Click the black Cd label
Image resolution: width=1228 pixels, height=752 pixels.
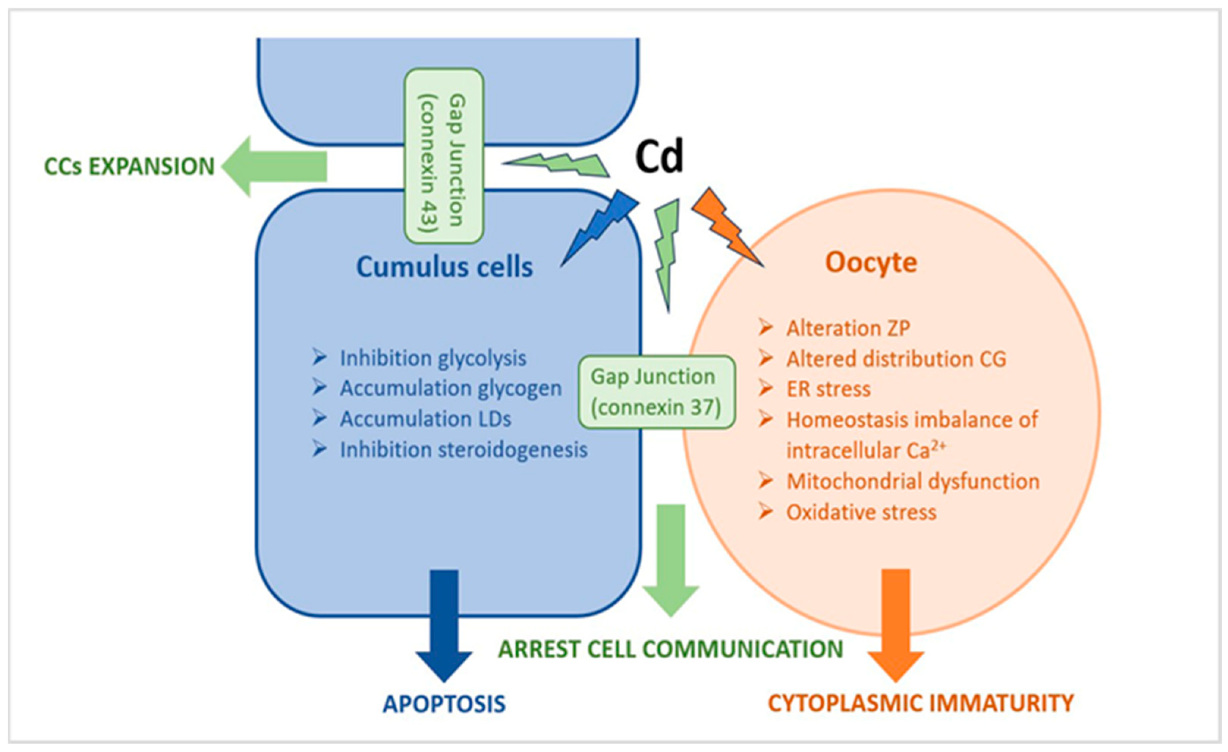tap(659, 156)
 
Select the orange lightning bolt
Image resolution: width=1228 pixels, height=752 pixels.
tap(725, 227)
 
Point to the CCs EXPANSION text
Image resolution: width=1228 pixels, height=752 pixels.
tap(129, 167)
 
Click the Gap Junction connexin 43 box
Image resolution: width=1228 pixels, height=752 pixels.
tap(443, 156)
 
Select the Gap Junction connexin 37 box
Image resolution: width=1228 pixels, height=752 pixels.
tap(656, 392)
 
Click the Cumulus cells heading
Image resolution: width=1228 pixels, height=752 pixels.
tap(444, 267)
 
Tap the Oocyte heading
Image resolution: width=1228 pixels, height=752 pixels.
tap(871, 262)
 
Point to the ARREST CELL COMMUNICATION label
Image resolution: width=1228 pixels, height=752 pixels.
tap(670, 649)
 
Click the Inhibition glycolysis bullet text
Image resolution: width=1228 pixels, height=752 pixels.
tap(432, 358)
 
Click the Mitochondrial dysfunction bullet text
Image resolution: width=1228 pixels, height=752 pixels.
tap(912, 481)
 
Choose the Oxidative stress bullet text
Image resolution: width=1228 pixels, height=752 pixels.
tap(861, 512)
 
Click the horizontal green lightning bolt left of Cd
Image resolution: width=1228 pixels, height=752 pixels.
tap(558, 164)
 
